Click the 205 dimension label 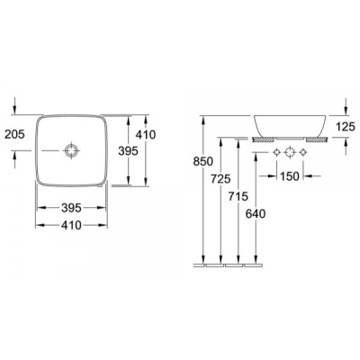tap(14, 134)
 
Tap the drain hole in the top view tap(72, 150)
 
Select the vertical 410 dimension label tap(146, 135)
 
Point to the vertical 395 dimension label tap(128, 150)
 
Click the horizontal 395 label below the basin tap(71, 208)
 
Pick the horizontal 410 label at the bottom tap(71, 225)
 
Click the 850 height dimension tap(203, 162)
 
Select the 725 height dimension tap(220, 179)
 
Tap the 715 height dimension tap(238, 196)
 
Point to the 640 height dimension tap(256, 214)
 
